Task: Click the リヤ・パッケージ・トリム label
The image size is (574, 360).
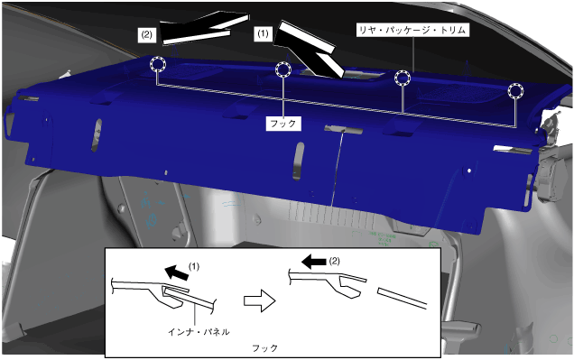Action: pos(412,30)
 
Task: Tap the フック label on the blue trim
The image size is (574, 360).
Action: pos(283,124)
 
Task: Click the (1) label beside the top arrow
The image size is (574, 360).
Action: pos(263,33)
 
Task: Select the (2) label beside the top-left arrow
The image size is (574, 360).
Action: pos(146,35)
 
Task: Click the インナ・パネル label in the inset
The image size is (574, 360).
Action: pos(199,332)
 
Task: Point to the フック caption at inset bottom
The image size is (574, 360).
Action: pos(264,348)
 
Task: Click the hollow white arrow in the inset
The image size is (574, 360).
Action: pos(260,300)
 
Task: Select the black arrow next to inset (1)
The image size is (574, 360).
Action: pos(177,272)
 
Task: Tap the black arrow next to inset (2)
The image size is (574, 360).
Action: pos(314,262)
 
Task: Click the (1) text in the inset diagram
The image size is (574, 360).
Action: pos(194,266)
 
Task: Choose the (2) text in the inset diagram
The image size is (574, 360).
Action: pos(334,262)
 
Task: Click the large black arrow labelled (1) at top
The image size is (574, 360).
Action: pos(308,50)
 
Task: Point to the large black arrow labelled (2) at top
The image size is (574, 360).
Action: pos(203,27)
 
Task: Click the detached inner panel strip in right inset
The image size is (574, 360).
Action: pos(403,298)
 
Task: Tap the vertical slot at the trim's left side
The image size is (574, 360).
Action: pos(97,134)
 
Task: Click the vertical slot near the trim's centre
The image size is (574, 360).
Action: pos(299,162)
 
